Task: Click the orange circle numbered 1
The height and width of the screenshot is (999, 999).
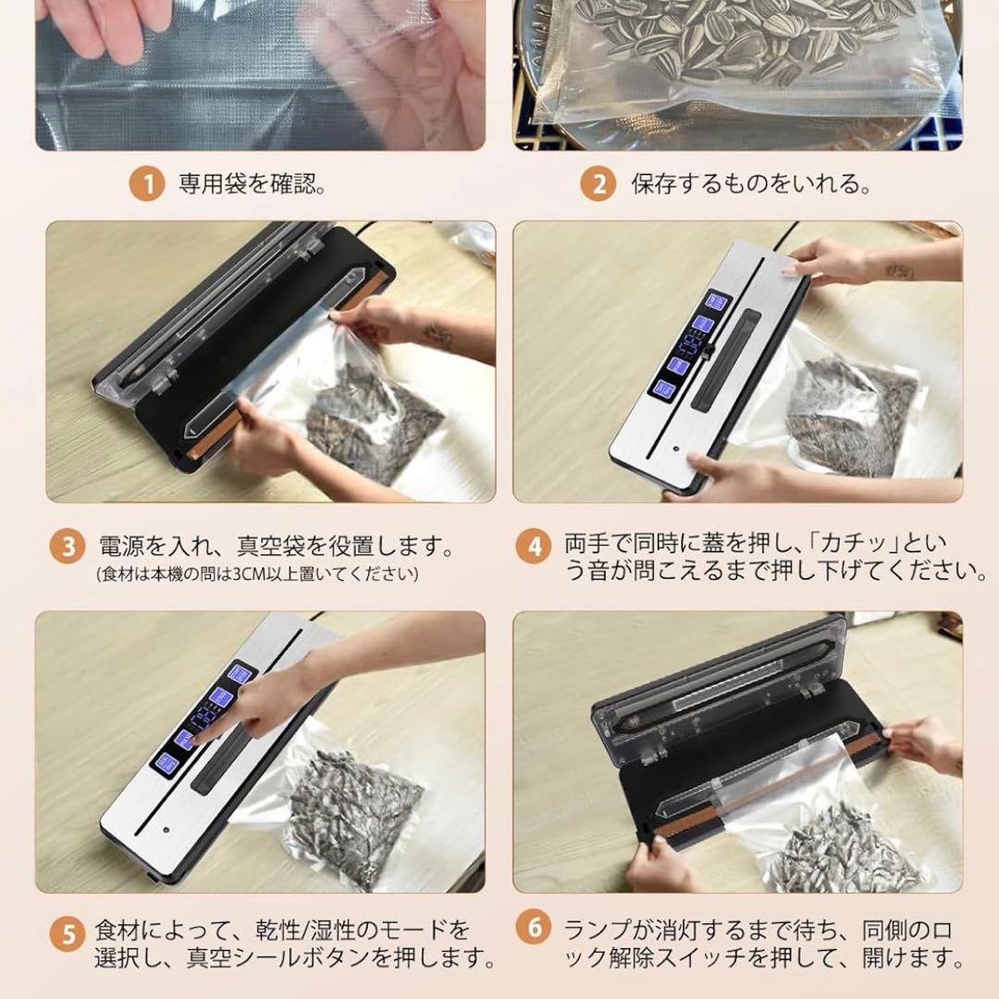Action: (147, 183)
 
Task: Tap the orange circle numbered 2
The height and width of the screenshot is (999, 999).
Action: (598, 183)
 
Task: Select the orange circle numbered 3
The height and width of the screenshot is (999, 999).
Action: (68, 547)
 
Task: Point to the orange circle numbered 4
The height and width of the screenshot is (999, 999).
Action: (534, 547)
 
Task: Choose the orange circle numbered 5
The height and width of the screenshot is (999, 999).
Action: (68, 935)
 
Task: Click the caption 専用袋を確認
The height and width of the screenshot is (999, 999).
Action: (253, 184)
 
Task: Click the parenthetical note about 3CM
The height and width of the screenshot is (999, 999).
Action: (257, 574)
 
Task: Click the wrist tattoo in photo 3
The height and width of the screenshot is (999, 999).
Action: (437, 335)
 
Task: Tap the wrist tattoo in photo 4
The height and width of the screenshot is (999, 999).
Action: (900, 272)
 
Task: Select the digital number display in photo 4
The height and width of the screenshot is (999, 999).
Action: (690, 345)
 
